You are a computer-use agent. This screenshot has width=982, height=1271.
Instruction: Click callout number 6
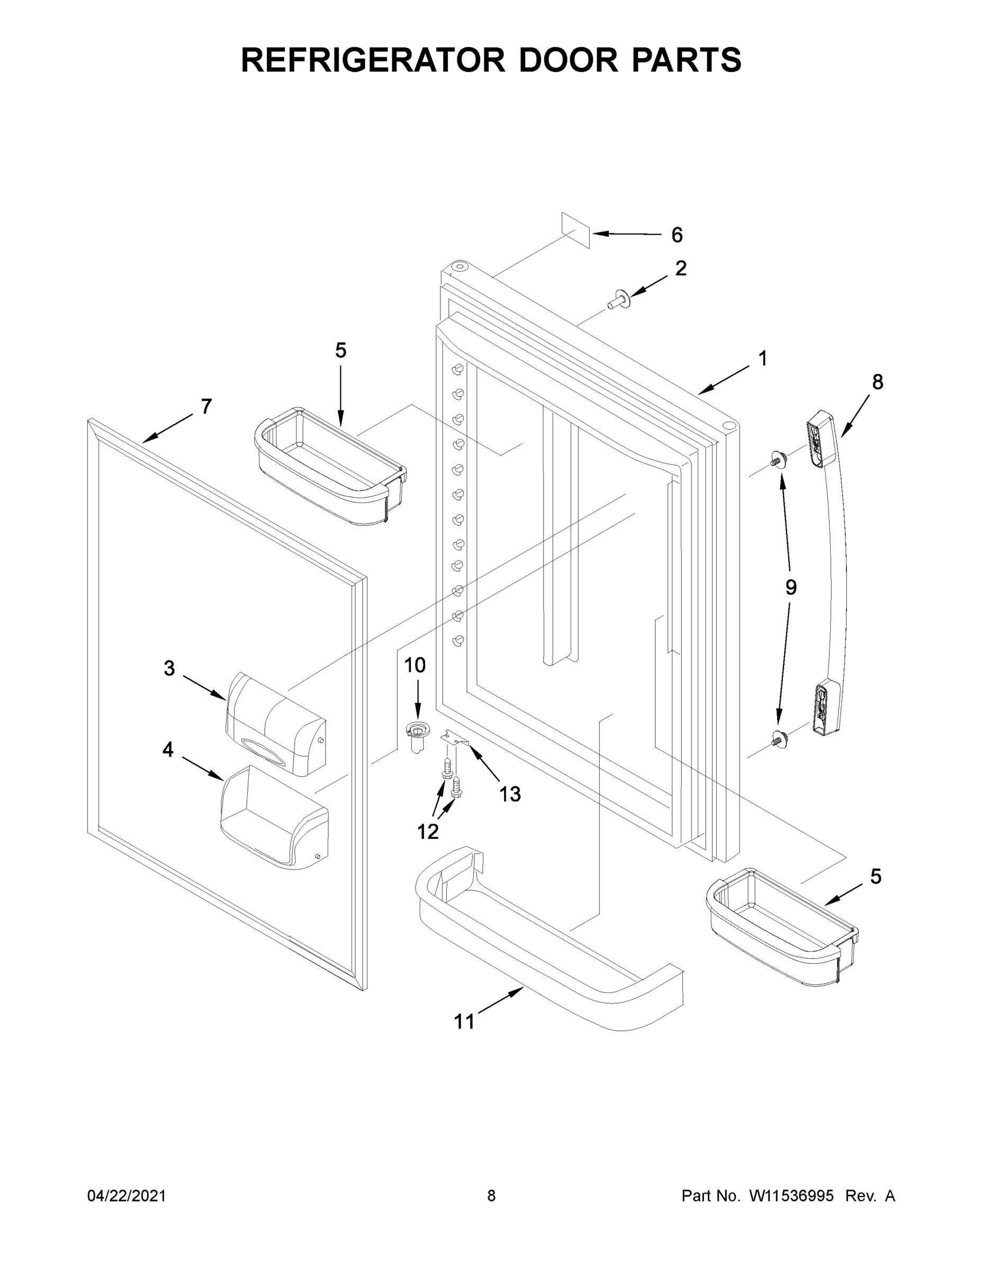(x=677, y=235)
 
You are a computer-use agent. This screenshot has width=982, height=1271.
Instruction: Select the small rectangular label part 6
(x=575, y=230)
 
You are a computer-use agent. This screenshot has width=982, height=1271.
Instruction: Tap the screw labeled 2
(x=615, y=301)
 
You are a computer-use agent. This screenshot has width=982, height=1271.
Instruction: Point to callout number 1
(x=762, y=359)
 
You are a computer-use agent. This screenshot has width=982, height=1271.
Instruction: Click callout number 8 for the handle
(x=877, y=382)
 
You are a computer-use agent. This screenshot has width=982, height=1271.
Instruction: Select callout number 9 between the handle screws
(x=790, y=587)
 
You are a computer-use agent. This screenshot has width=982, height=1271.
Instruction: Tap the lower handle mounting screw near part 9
(x=778, y=739)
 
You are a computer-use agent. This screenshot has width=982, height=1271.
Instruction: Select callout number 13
(x=510, y=794)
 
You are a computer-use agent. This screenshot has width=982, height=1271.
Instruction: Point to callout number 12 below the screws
(x=428, y=831)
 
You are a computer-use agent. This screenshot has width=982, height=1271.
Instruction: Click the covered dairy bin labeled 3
(x=276, y=724)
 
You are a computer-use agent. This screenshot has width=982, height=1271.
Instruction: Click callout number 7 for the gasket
(x=206, y=406)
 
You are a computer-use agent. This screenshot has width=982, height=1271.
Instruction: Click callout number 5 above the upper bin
(x=340, y=351)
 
